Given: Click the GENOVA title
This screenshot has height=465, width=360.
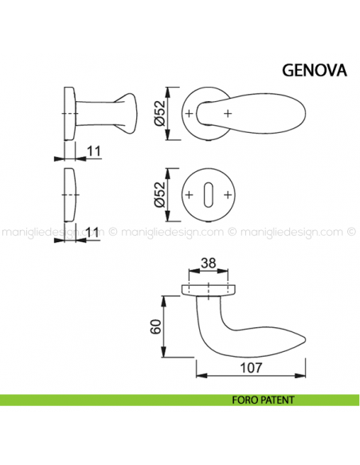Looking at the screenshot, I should pyautogui.click(x=314, y=69).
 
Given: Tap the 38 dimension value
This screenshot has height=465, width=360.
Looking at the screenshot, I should pyautogui.click(x=209, y=263).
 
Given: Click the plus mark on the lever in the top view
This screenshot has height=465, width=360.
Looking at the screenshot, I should pyautogui.click(x=229, y=115).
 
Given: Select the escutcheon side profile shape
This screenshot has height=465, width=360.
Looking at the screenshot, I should pyautogui.click(x=68, y=192).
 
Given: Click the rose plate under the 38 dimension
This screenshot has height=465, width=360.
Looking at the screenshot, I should pyautogui.click(x=209, y=287).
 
